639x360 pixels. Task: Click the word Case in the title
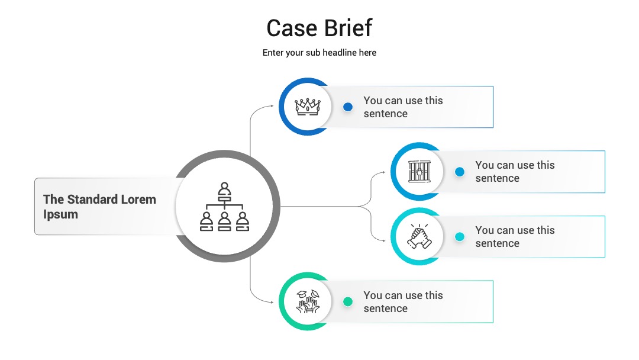coord(292,28)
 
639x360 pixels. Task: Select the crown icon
coord(308,107)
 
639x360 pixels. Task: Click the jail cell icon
coord(419,171)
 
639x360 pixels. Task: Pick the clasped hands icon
coord(419,236)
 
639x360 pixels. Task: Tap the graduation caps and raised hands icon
coord(308,301)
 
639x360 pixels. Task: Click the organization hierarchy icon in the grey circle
coord(225,207)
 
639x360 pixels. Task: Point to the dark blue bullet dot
coord(348,107)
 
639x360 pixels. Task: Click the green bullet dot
coord(348,302)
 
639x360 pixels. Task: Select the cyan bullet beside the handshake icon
coord(460,237)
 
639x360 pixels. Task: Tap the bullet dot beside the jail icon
coord(460,172)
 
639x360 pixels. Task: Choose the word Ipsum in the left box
coord(60,214)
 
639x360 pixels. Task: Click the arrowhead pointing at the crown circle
coord(272,106)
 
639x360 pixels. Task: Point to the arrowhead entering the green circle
coord(272,303)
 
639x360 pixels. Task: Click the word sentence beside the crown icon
coord(386,114)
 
